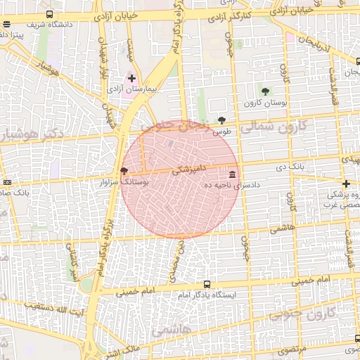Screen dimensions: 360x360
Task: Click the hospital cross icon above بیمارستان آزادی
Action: [x=131, y=78]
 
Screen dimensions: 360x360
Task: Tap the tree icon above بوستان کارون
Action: [x=264, y=91]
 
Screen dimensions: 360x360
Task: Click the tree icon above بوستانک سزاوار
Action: [x=124, y=171]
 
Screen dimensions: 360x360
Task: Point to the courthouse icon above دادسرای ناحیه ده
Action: [x=232, y=174]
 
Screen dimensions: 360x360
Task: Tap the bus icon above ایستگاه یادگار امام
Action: [x=206, y=284]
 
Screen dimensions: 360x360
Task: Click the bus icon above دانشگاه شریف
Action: [x=49, y=14]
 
